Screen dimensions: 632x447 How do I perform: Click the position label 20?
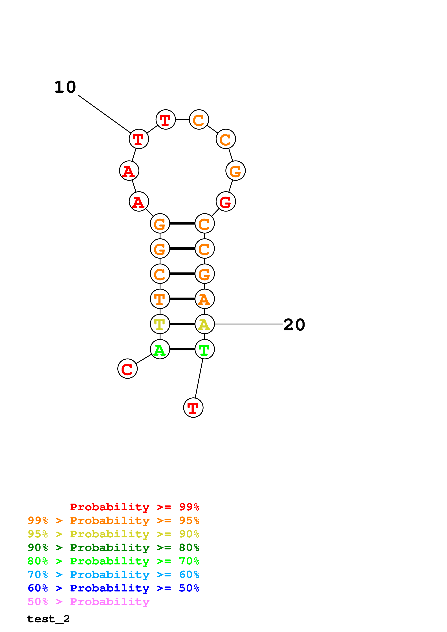coord(294,325)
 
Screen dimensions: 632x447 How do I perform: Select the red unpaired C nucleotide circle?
coord(127,369)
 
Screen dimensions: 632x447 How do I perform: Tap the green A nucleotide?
coord(160,349)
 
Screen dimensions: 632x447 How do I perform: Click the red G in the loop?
coord(226,202)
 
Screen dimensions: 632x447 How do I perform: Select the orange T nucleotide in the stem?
coord(160,299)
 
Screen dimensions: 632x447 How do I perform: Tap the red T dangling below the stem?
coord(193,408)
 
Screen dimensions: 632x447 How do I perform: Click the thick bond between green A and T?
coord(182,349)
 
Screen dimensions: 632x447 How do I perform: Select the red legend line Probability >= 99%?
coord(134,507)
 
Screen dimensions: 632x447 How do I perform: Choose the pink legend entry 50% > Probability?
coord(88,602)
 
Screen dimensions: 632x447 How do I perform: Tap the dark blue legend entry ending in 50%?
coord(113,588)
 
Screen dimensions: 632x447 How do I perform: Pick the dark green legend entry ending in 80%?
coord(113,548)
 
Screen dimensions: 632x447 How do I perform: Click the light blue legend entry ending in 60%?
coord(113,575)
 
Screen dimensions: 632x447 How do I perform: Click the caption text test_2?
coord(48,619)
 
